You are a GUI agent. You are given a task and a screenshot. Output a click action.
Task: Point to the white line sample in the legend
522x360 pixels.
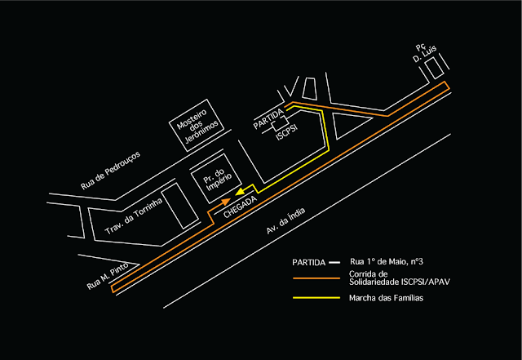335,263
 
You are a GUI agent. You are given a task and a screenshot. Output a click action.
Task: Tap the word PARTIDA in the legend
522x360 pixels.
309,263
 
